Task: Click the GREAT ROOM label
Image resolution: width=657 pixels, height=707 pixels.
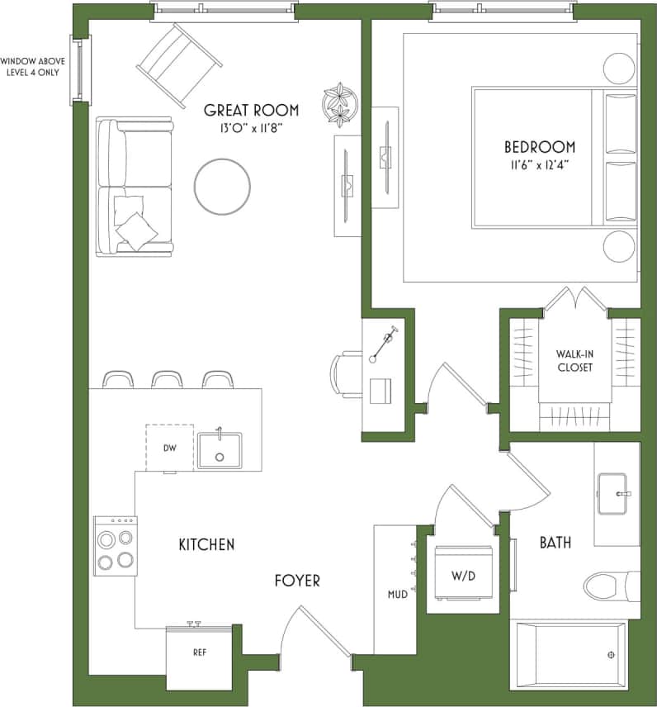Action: pyautogui.click(x=251, y=110)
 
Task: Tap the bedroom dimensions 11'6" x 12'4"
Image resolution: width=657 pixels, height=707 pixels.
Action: pyautogui.click(x=541, y=164)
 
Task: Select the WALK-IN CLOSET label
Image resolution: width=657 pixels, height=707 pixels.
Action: pyautogui.click(x=574, y=361)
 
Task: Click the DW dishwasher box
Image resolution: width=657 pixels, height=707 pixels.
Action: pyautogui.click(x=170, y=448)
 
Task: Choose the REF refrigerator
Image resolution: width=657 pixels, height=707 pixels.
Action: pyautogui.click(x=199, y=652)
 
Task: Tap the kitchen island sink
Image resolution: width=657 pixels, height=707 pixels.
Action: pyautogui.click(x=219, y=450)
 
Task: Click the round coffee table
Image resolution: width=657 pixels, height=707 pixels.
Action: pyautogui.click(x=222, y=187)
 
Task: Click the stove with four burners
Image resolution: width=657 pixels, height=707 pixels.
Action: pyautogui.click(x=115, y=546)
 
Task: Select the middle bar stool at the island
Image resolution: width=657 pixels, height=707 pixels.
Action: pyautogui.click(x=167, y=380)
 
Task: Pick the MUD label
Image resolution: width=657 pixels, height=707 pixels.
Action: pyautogui.click(x=398, y=594)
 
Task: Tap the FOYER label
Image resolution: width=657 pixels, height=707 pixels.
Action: pyautogui.click(x=297, y=581)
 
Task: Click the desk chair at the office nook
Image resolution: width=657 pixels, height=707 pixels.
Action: pyautogui.click(x=345, y=374)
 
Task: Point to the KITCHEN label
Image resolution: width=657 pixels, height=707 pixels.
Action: pyautogui.click(x=206, y=544)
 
